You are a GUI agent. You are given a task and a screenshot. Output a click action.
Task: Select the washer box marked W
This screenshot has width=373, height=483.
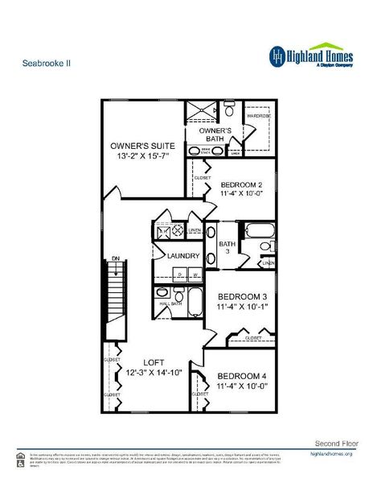(195, 275)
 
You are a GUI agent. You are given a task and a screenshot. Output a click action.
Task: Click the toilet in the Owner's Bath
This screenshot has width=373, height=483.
(228, 110)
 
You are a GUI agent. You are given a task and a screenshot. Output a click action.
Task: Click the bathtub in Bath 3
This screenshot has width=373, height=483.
(258, 230)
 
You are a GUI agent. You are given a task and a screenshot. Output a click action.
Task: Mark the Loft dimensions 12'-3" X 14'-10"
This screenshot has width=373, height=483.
(155, 372)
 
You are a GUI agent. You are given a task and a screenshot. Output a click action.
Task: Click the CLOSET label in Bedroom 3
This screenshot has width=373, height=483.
(252, 337)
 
